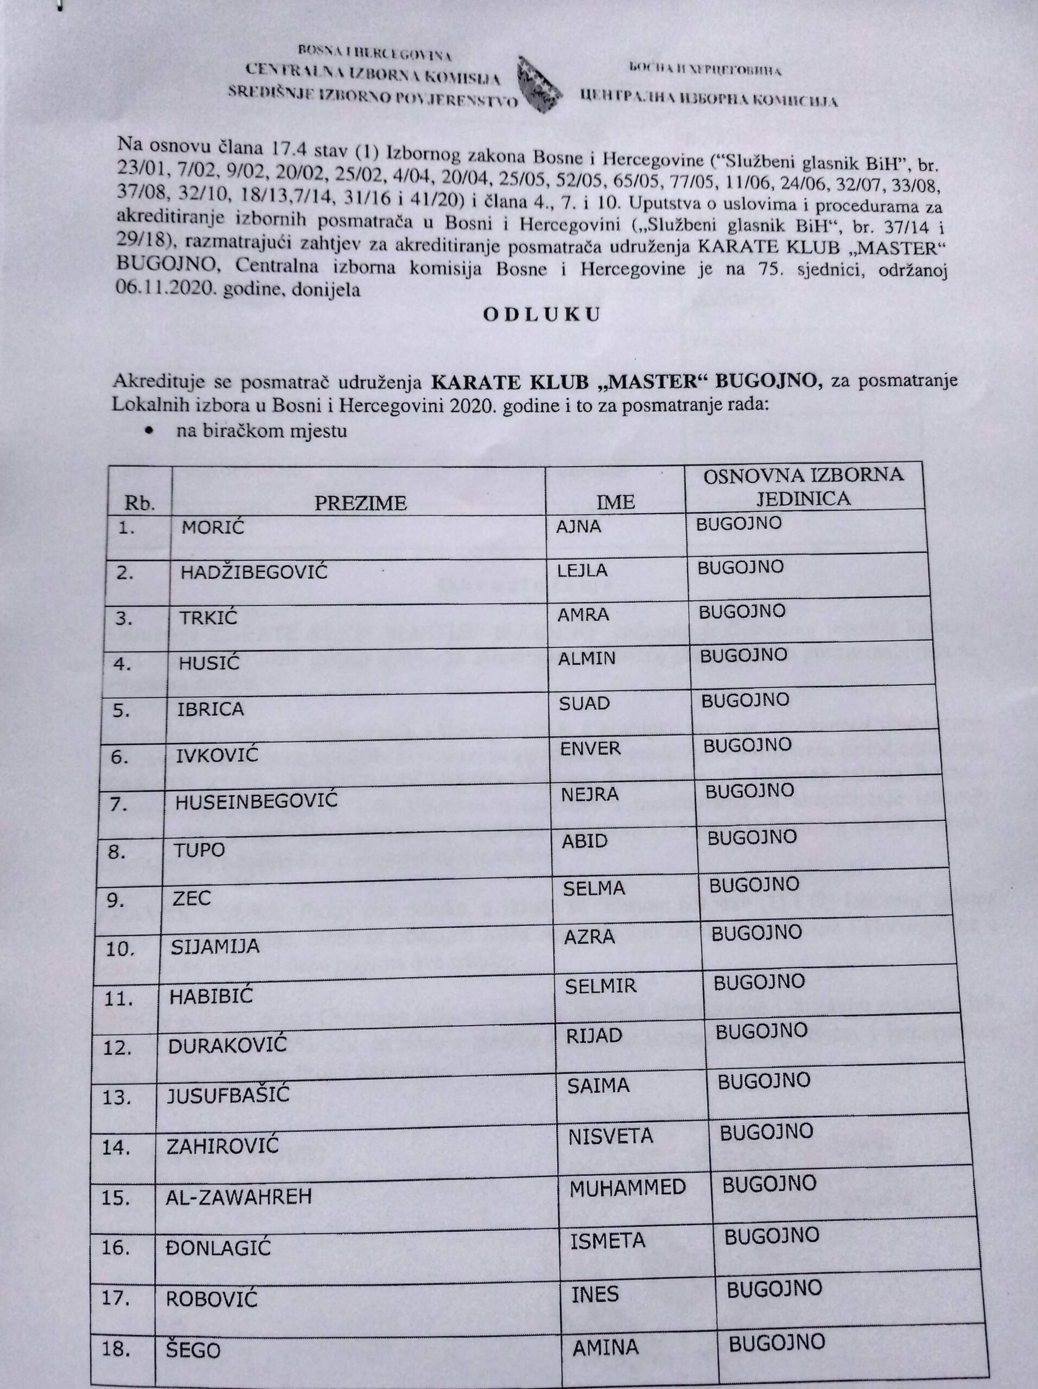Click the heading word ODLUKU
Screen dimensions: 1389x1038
[542, 315]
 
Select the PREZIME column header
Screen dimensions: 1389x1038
[360, 502]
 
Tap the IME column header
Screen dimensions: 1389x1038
[616, 501]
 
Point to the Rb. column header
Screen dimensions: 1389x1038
[139, 504]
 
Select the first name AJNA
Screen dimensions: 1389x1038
[578, 526]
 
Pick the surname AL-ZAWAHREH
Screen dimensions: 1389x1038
[239, 1196]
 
